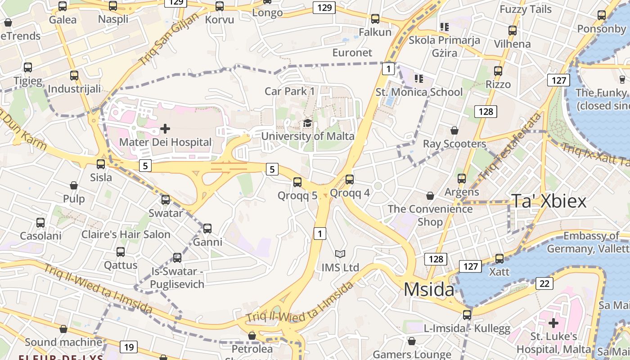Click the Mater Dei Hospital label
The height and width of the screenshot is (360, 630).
[x=165, y=143]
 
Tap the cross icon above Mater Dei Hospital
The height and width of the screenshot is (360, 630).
[x=165, y=129]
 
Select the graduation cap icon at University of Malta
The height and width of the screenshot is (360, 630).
[x=307, y=123]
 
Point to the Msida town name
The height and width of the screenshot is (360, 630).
[x=429, y=289]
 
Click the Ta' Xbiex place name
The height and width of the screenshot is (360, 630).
[x=549, y=201]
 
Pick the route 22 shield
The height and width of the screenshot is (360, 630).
[x=544, y=283]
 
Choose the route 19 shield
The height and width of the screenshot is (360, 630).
[x=129, y=347]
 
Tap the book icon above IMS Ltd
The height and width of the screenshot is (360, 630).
[x=340, y=254]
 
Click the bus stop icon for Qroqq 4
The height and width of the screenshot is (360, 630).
[x=350, y=180]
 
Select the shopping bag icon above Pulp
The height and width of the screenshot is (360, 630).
[x=74, y=185]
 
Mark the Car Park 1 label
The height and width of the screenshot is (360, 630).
[x=290, y=91]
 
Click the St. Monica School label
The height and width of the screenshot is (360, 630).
[x=419, y=92]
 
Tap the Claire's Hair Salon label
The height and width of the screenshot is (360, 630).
[x=126, y=234]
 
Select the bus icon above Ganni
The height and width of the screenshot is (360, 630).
[x=207, y=229]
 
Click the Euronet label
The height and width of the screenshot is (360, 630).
[x=352, y=53]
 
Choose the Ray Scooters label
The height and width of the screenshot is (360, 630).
[x=454, y=144]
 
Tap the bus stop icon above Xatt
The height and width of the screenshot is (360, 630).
[x=499, y=259]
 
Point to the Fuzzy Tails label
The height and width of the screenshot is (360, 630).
[x=526, y=9]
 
